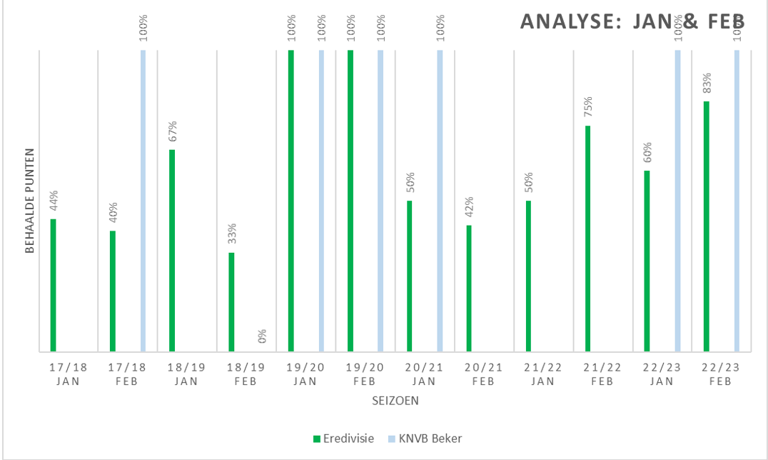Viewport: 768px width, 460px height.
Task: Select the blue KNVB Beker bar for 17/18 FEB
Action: (x=143, y=200)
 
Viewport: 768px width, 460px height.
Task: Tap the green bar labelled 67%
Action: (x=172, y=250)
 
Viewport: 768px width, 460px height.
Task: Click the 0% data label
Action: (x=262, y=336)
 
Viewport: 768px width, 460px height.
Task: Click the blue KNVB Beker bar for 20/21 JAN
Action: (x=440, y=200)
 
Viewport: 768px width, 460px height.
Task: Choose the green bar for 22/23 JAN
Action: (x=647, y=261)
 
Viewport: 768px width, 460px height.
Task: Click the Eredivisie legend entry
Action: (x=343, y=438)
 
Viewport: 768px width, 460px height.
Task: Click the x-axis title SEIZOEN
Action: (x=395, y=401)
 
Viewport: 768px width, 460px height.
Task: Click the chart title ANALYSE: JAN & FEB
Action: (x=632, y=21)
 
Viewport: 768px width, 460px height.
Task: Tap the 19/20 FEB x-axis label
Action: (x=364, y=374)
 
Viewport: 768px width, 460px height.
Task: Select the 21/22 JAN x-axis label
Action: (x=542, y=374)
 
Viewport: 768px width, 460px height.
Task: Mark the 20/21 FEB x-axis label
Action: (x=483, y=374)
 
